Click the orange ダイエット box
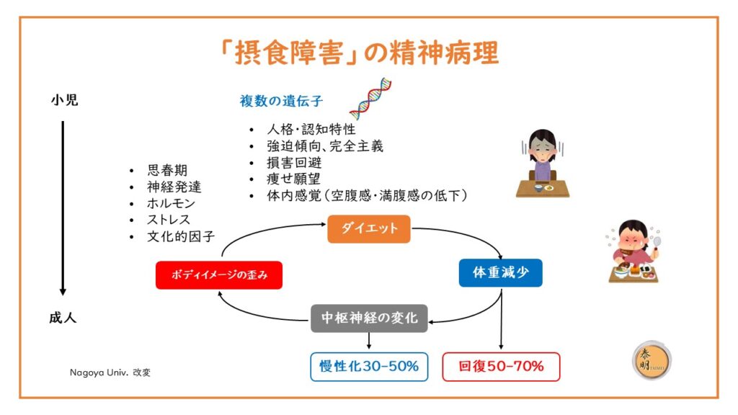369,228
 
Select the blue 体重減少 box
501,272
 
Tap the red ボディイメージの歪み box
219,275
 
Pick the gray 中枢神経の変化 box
369,318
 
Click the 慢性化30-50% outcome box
369,367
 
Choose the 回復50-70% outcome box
502,367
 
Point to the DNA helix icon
370,99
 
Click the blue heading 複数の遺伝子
282,101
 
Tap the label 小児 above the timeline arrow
64,100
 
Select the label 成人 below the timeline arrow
63,318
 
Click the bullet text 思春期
167,170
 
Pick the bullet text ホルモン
171,203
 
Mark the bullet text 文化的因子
181,236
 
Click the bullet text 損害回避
294,162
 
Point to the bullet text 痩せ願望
294,179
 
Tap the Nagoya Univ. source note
110,372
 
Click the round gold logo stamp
652,360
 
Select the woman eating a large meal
633,251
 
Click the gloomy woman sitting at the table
543,164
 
